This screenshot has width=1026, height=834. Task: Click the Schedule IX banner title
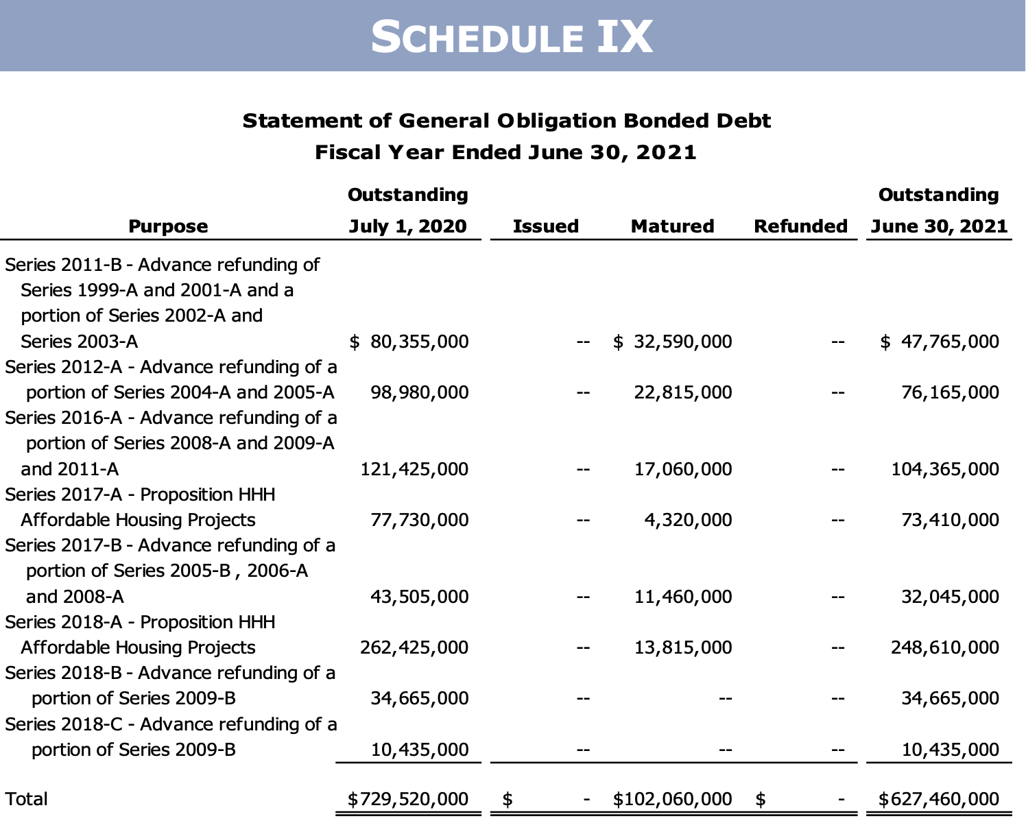click(512, 36)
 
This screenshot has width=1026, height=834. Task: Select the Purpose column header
click(168, 226)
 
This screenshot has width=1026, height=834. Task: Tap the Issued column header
click(545, 226)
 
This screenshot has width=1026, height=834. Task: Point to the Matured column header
click(672, 226)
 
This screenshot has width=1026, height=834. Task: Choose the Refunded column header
click(800, 226)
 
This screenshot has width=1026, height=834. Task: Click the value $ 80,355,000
click(409, 342)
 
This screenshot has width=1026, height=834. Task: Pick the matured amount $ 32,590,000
click(673, 342)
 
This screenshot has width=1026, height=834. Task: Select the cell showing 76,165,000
click(950, 392)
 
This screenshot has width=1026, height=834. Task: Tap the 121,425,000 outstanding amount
click(414, 469)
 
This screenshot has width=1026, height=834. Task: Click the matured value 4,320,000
click(688, 520)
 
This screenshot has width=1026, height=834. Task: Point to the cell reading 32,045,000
click(950, 597)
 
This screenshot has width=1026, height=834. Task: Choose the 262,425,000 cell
click(414, 647)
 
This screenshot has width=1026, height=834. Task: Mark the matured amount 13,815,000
click(683, 647)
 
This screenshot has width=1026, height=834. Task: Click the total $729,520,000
click(408, 799)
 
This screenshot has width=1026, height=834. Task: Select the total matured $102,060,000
click(672, 799)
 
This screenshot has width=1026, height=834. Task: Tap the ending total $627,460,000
click(939, 799)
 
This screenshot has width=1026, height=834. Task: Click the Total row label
click(27, 799)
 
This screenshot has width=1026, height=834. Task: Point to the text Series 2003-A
click(80, 342)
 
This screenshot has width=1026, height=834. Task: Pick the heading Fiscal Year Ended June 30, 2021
click(505, 152)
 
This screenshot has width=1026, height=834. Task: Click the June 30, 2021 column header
click(939, 226)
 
